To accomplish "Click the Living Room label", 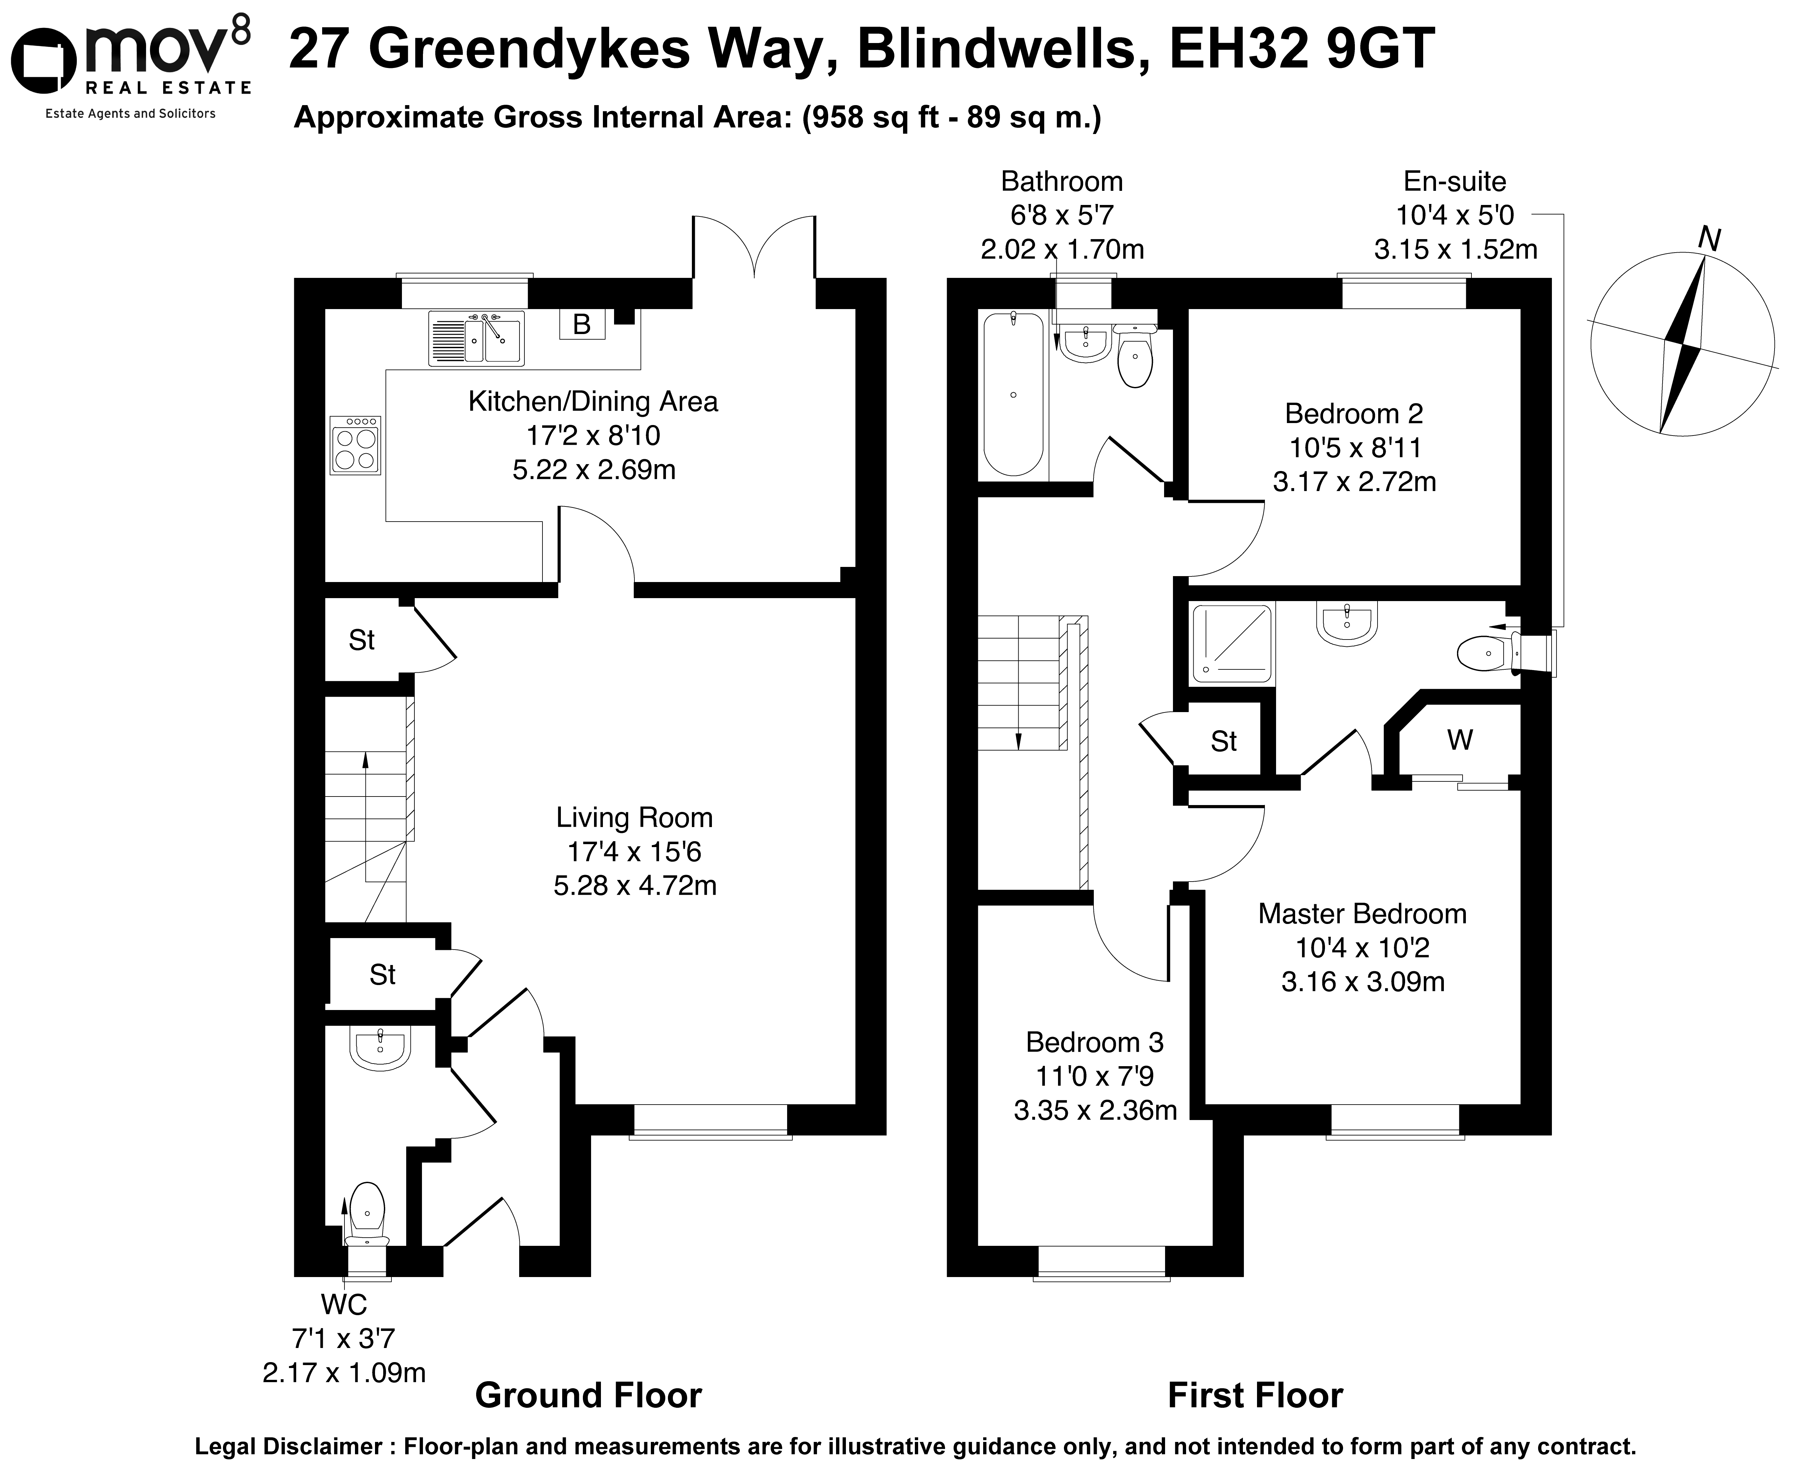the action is tap(634, 818).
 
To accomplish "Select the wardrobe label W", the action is tap(1459, 739).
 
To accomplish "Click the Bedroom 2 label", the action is tap(1354, 414).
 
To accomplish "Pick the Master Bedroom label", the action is tap(1362, 914).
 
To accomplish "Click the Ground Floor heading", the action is tap(588, 1395).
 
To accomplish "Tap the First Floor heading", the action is tap(1254, 1395).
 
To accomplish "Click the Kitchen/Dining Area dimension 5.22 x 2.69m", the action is tap(594, 469).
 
